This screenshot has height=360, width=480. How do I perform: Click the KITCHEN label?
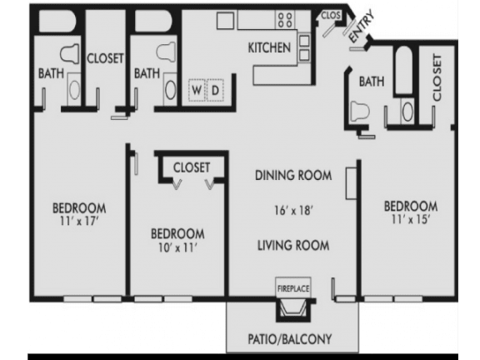pyautogui.click(x=269, y=47)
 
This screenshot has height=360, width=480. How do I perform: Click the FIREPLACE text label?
pyautogui.click(x=293, y=288)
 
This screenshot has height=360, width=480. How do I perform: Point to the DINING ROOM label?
pyautogui.click(x=294, y=175)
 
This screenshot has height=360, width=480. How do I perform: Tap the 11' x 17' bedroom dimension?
pyautogui.click(x=78, y=222)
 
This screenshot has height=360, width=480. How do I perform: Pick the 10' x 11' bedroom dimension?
pyautogui.click(x=177, y=247)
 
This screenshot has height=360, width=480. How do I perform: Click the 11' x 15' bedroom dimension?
pyautogui.click(x=410, y=220)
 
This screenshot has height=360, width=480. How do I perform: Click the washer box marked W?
pyautogui.click(x=197, y=89)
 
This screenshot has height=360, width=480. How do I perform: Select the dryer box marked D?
pyautogui.click(x=214, y=89)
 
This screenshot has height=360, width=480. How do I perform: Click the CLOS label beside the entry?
pyautogui.click(x=330, y=15)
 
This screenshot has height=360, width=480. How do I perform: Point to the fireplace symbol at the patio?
pyautogui.click(x=293, y=311)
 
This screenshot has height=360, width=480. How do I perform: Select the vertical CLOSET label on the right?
pyautogui.click(x=436, y=78)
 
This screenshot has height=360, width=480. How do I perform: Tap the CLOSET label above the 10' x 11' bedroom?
pyautogui.click(x=191, y=167)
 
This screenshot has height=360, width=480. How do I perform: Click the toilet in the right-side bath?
pyautogui.click(x=361, y=110)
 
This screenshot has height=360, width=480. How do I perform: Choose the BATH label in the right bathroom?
pyautogui.click(x=371, y=82)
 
